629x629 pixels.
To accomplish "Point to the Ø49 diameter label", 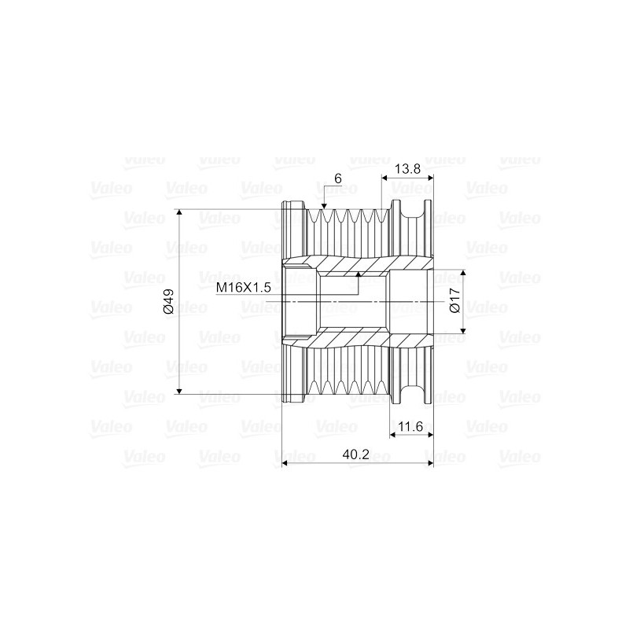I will (x=167, y=301).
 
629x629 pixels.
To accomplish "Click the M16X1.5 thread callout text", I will (x=243, y=289).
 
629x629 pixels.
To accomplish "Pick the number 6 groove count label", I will (x=337, y=178).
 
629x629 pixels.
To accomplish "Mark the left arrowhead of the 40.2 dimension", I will (x=285, y=463).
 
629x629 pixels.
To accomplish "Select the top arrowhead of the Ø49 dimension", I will (x=180, y=213).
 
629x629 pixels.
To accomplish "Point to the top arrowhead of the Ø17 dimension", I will (x=463, y=274).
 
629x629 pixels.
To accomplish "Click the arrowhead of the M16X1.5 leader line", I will (x=359, y=275).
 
